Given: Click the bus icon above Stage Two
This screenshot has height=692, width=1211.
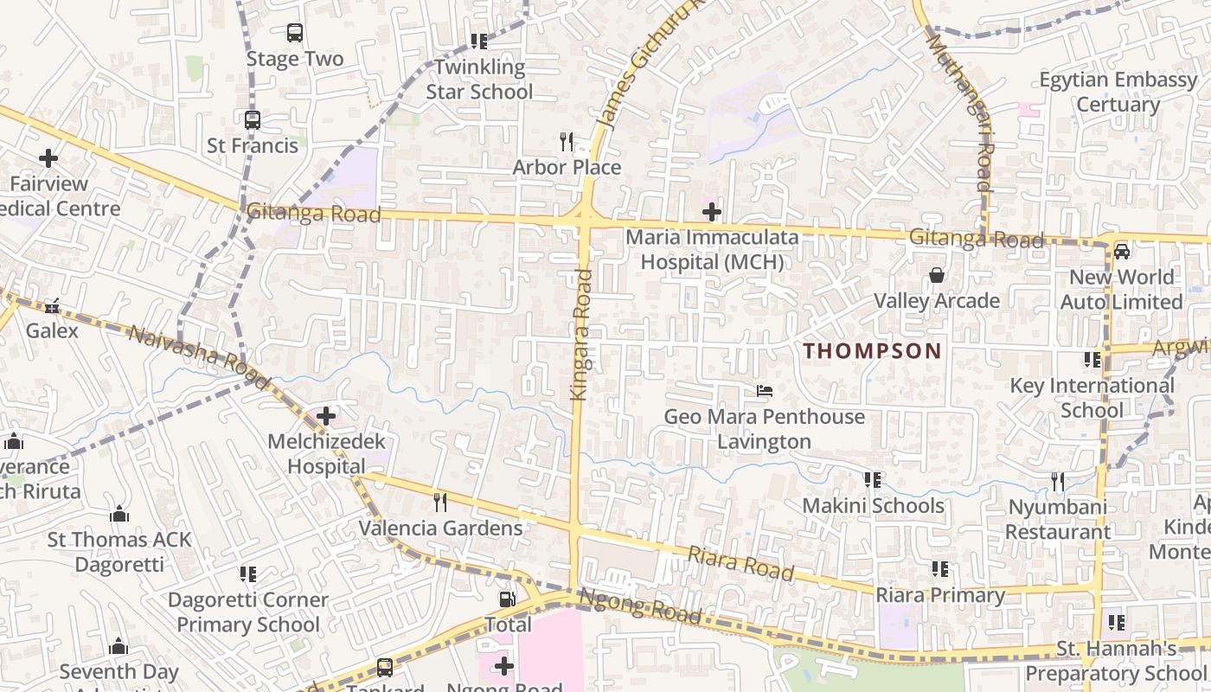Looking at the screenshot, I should coord(295,33).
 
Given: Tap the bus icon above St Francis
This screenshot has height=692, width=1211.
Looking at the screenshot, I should coord(253,120).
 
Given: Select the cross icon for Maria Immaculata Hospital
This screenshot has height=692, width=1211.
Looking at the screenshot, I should coord(712,211).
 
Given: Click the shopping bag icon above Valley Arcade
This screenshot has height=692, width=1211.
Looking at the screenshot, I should coord(937,276).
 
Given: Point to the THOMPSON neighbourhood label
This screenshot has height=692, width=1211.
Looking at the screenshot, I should coord(872,351).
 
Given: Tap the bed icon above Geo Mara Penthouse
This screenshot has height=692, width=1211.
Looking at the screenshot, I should coord(764,391).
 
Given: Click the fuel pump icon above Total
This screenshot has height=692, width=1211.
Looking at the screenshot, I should coord(508,599).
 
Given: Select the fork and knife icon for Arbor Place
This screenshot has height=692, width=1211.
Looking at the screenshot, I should coord(567,141).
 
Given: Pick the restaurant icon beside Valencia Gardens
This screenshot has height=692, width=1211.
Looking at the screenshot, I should coord(440,502).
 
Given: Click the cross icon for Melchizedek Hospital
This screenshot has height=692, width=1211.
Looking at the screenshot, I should coord(326,416).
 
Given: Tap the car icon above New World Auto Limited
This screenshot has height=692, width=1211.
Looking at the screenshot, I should coord(1122,252).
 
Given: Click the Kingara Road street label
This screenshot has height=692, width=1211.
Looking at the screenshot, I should coord(581,335).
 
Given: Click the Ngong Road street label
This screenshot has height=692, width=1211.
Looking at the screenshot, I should coord(639,605).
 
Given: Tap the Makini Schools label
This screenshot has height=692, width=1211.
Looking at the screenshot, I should coord(873,505).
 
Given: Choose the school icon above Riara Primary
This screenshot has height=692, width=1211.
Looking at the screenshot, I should coord(940,569).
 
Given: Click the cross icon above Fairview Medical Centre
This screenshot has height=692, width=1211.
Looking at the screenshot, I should coord(48,158).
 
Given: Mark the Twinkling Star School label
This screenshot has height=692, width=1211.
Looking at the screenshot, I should coord(479,79).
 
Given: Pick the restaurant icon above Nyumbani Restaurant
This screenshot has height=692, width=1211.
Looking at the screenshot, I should coord(1057,481).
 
